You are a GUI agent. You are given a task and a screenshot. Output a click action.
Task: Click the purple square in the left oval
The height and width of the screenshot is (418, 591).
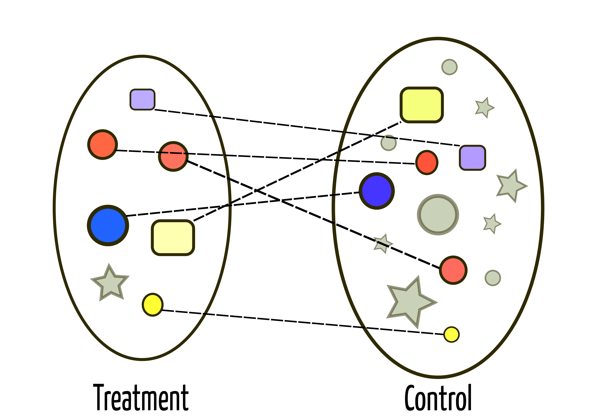[x=142, y=99]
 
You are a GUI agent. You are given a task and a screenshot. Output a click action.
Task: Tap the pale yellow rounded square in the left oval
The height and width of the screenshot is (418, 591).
[x=173, y=237]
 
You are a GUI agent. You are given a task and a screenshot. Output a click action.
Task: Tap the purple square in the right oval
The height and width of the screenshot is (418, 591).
[x=472, y=158]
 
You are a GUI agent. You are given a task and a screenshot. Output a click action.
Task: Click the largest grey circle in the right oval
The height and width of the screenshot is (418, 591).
[x=438, y=215]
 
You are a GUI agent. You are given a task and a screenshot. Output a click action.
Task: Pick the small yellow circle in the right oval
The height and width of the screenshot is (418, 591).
[x=451, y=334]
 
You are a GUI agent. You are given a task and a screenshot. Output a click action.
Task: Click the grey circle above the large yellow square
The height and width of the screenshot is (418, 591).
[x=449, y=67]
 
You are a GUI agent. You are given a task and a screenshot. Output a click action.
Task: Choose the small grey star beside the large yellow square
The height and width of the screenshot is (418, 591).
[x=484, y=107]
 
